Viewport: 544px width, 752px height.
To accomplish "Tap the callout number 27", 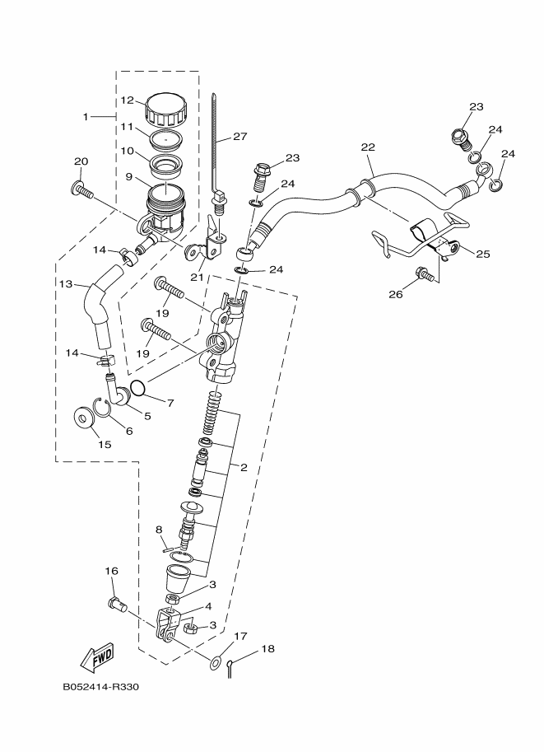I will pos(239,137).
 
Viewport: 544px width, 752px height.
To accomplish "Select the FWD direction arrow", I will pos(96,656).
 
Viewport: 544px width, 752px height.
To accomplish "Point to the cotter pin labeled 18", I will pos(231,662).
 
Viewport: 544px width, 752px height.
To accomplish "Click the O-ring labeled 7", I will pos(138,386).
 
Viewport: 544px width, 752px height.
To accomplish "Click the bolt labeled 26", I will pos(425,274).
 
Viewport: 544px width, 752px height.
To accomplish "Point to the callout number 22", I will pos(367,147).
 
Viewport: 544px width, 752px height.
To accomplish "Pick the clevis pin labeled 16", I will pos(116,605).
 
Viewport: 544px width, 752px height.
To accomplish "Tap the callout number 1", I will pos(85,117).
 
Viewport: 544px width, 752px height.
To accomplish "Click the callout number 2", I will pos(244,467).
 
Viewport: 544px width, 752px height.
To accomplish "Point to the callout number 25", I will pos(482,254).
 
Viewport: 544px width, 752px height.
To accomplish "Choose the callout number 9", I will pos(128,175).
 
